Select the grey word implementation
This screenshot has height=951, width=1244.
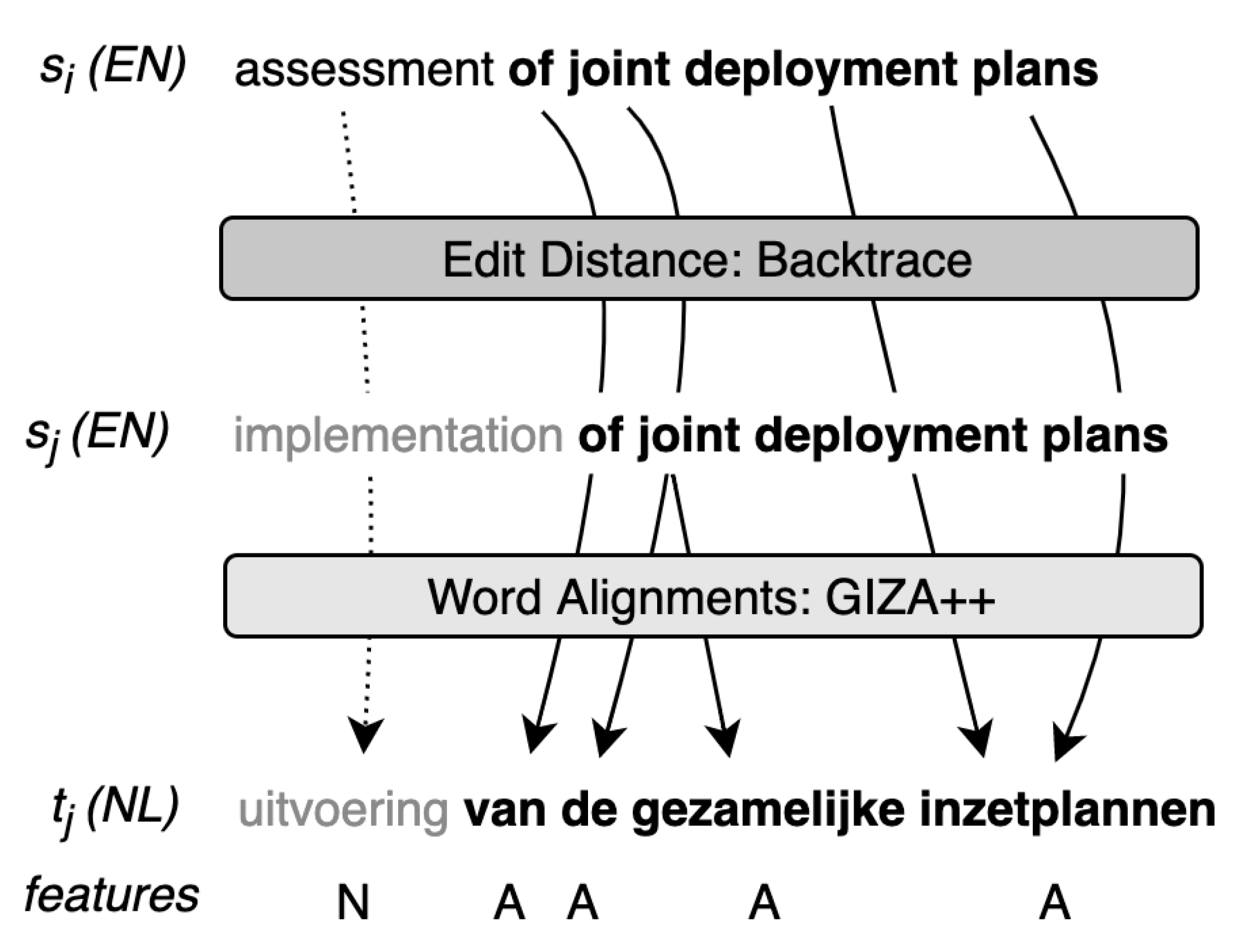[398, 436]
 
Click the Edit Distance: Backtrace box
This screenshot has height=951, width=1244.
[708, 259]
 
